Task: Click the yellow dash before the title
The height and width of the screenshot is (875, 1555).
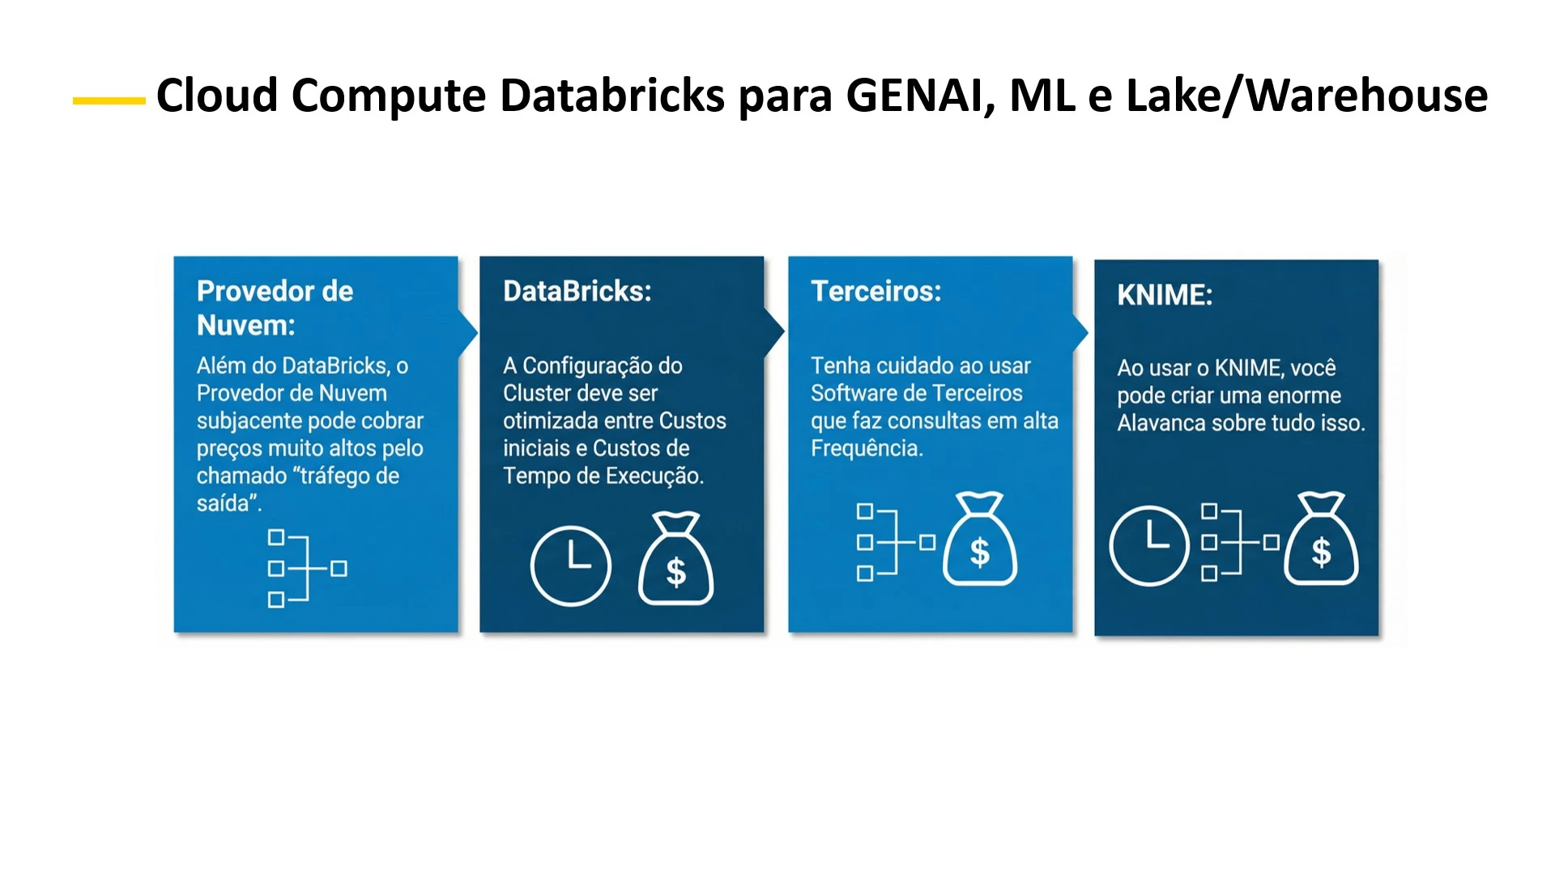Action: pyautogui.click(x=109, y=100)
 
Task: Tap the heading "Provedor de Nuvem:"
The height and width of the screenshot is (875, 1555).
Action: pyautogui.click(x=275, y=308)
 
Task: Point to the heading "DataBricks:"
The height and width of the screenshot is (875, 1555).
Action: pyautogui.click(x=577, y=291)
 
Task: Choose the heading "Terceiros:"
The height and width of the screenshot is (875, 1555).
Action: pyautogui.click(x=875, y=291)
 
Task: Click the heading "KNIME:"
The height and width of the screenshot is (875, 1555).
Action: pyautogui.click(x=1164, y=295)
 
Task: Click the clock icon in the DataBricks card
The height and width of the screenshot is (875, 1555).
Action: pyautogui.click(x=570, y=566)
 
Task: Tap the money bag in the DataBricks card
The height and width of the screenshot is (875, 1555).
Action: pyautogui.click(x=675, y=559)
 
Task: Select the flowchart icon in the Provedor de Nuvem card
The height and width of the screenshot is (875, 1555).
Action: pyautogui.click(x=307, y=568)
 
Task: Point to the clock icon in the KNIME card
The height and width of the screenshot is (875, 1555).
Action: pyautogui.click(x=1148, y=545)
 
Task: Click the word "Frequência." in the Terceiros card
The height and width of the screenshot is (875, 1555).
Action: pyautogui.click(x=867, y=448)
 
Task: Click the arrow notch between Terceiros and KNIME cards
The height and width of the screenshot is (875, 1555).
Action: pyautogui.click(x=1080, y=331)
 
